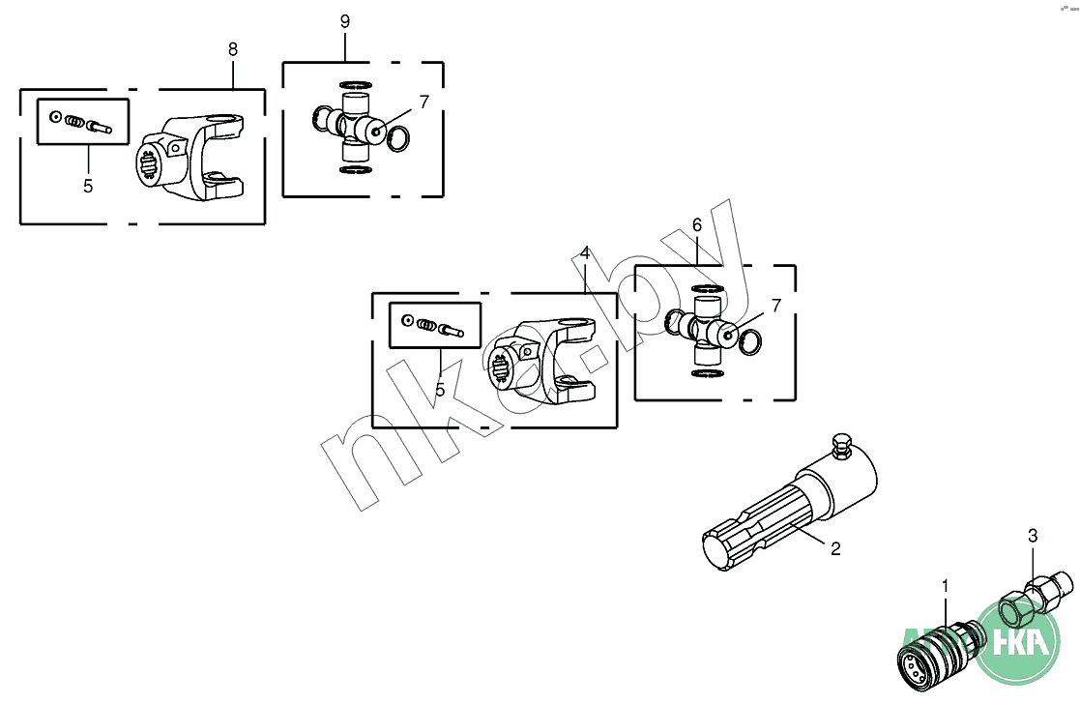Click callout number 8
point(233,48)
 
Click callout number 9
point(345,21)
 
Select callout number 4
point(585,252)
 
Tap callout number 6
point(696,224)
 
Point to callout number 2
point(835,548)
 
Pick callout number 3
point(1033,535)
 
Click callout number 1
point(945,585)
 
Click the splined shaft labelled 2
point(783,513)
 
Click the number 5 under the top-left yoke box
point(88,186)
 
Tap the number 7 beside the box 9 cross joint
point(423,102)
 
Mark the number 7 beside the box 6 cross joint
point(775,307)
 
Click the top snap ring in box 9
point(355,83)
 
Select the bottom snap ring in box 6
point(709,374)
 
